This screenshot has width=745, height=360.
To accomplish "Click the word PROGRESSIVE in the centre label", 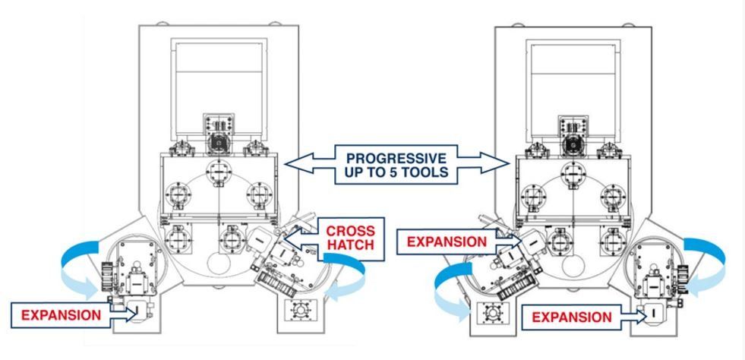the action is click(x=396, y=158).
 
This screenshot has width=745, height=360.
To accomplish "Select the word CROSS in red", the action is click(x=350, y=232).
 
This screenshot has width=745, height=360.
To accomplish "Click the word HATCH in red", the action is click(x=350, y=245).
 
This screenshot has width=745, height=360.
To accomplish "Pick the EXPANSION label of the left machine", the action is click(x=61, y=315).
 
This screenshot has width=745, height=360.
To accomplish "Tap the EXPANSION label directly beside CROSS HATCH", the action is click(x=447, y=242).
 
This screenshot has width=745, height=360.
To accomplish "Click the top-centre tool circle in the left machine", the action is click(x=219, y=172).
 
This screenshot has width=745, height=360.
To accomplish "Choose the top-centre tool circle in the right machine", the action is click(x=573, y=173).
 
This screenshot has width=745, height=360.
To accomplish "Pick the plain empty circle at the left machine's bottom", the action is click(x=219, y=264).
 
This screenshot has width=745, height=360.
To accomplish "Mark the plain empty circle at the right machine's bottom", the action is click(x=573, y=265).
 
